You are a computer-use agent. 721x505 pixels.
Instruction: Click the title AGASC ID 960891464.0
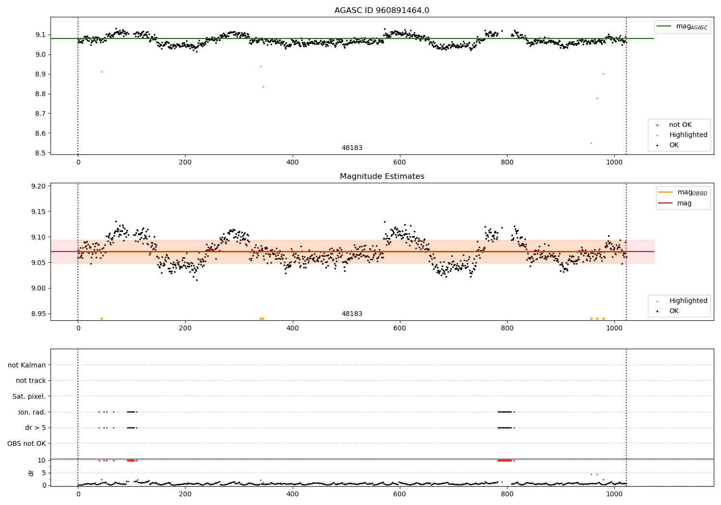pyautogui.click(x=382, y=11)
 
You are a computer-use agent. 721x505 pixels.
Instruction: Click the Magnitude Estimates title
pyautogui.click(x=382, y=177)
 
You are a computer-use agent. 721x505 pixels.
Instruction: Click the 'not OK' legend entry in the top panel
pyautogui.click(x=680, y=125)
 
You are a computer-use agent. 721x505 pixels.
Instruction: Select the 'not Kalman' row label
pyautogui.click(x=27, y=365)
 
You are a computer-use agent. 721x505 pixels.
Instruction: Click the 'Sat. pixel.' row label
pyautogui.click(x=29, y=396)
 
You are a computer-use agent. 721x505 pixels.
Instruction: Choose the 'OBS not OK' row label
pyautogui.click(x=26, y=443)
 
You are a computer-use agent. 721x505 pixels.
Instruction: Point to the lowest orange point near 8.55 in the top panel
pyautogui.click(x=591, y=143)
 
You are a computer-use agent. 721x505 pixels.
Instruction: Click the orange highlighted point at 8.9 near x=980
pyautogui.click(x=603, y=74)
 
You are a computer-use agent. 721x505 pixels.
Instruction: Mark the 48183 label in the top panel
pyautogui.click(x=352, y=148)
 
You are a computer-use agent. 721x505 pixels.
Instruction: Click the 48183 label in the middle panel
pyautogui.click(x=352, y=314)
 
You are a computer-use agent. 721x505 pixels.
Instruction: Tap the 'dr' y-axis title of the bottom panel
pyautogui.click(x=31, y=473)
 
